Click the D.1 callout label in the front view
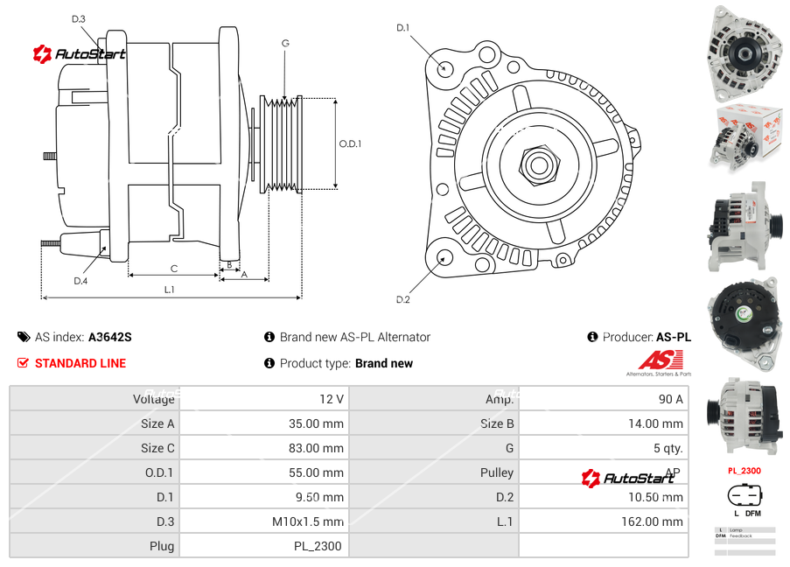(x=402, y=28)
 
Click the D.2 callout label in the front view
(x=402, y=299)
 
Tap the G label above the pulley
(x=285, y=43)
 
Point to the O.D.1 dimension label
(x=350, y=143)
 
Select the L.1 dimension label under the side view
(x=170, y=290)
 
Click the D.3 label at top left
(x=79, y=19)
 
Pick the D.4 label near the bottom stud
(x=80, y=281)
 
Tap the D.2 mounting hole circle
(x=444, y=257)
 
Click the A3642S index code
(x=110, y=337)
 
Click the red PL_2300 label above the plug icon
(x=745, y=471)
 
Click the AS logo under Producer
(x=660, y=360)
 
